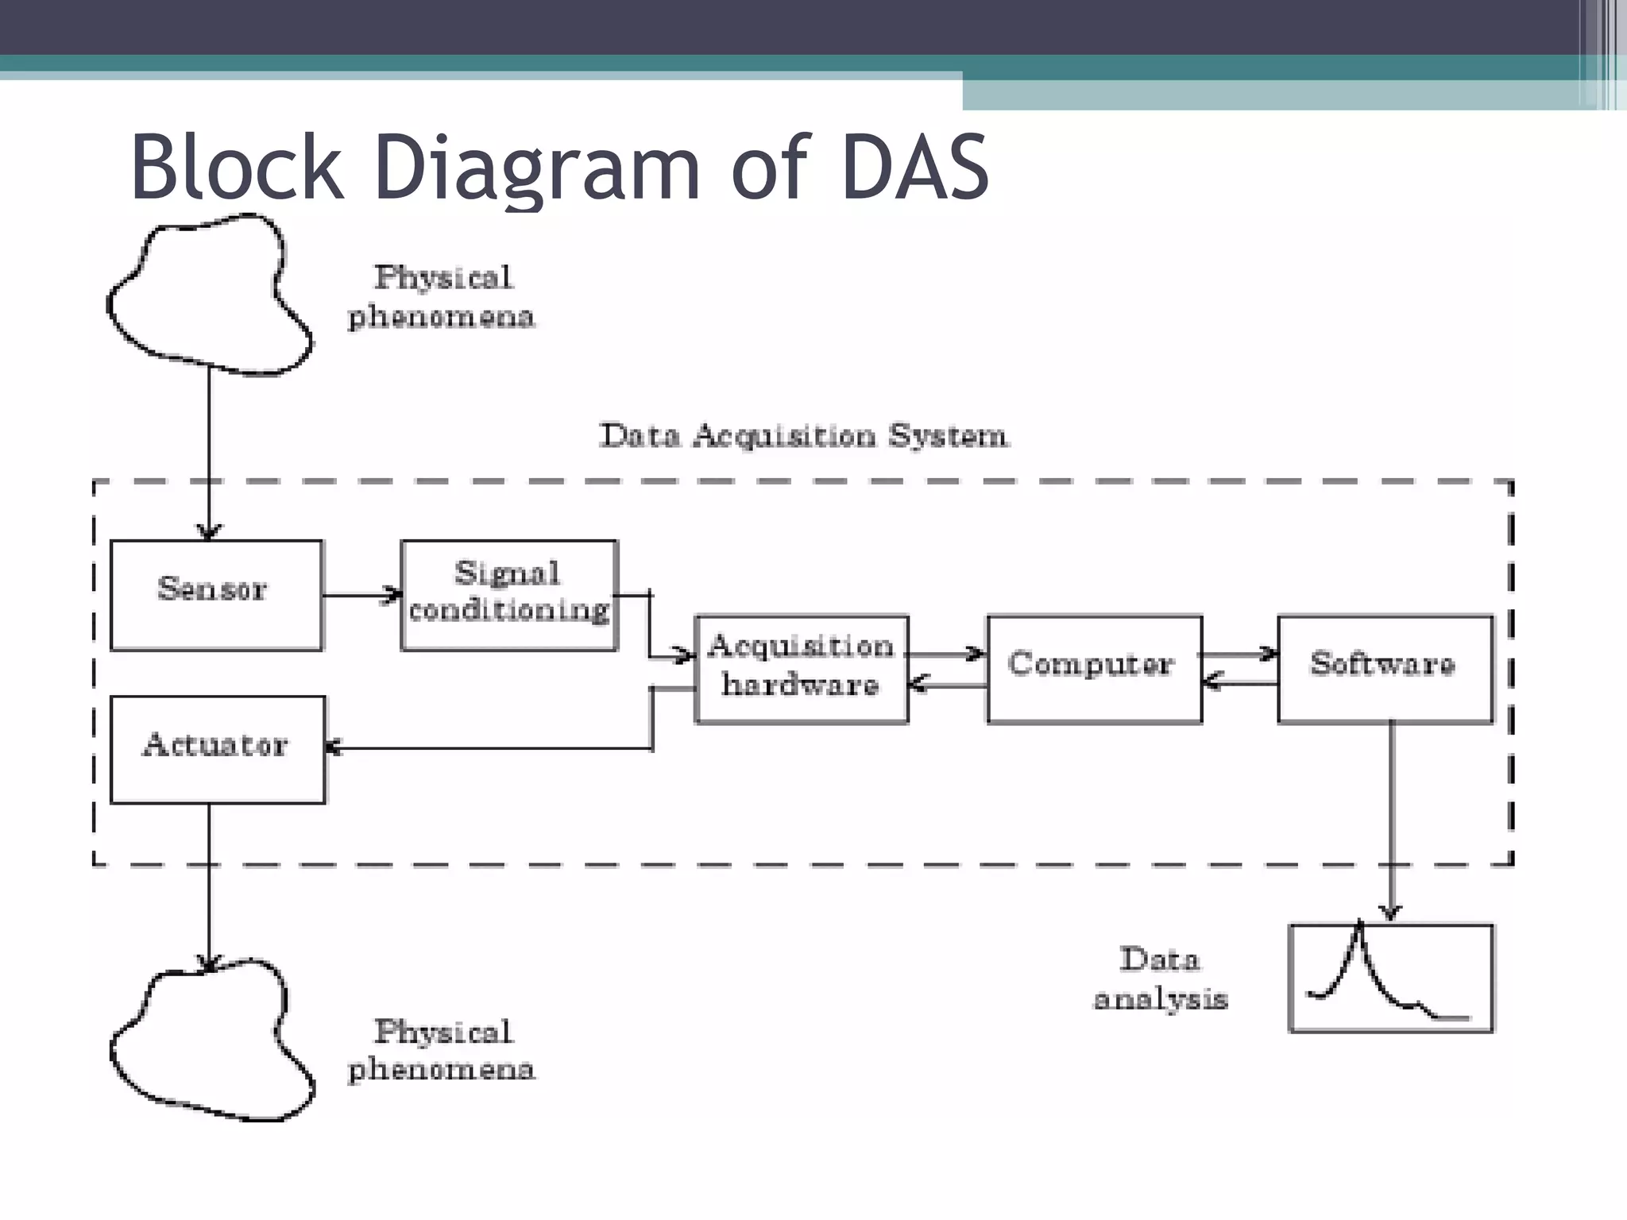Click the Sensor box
coord(216,595)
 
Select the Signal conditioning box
coord(509,595)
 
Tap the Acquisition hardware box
coord(801,669)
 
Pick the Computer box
coord(1094,669)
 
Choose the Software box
coord(1385,669)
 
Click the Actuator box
coord(217,749)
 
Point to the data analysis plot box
coord(1390,978)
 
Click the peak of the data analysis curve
coord(1359,926)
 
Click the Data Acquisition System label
coord(803,436)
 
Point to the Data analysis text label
coord(1160,979)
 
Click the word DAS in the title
coord(914,168)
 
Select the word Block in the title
coord(237,168)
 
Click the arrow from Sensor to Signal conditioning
coord(361,594)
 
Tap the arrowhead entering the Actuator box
coord(334,747)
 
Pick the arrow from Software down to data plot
coord(1390,818)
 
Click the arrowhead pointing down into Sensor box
coord(209,531)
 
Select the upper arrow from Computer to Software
coord(1239,654)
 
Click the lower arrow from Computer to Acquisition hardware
coord(948,684)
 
